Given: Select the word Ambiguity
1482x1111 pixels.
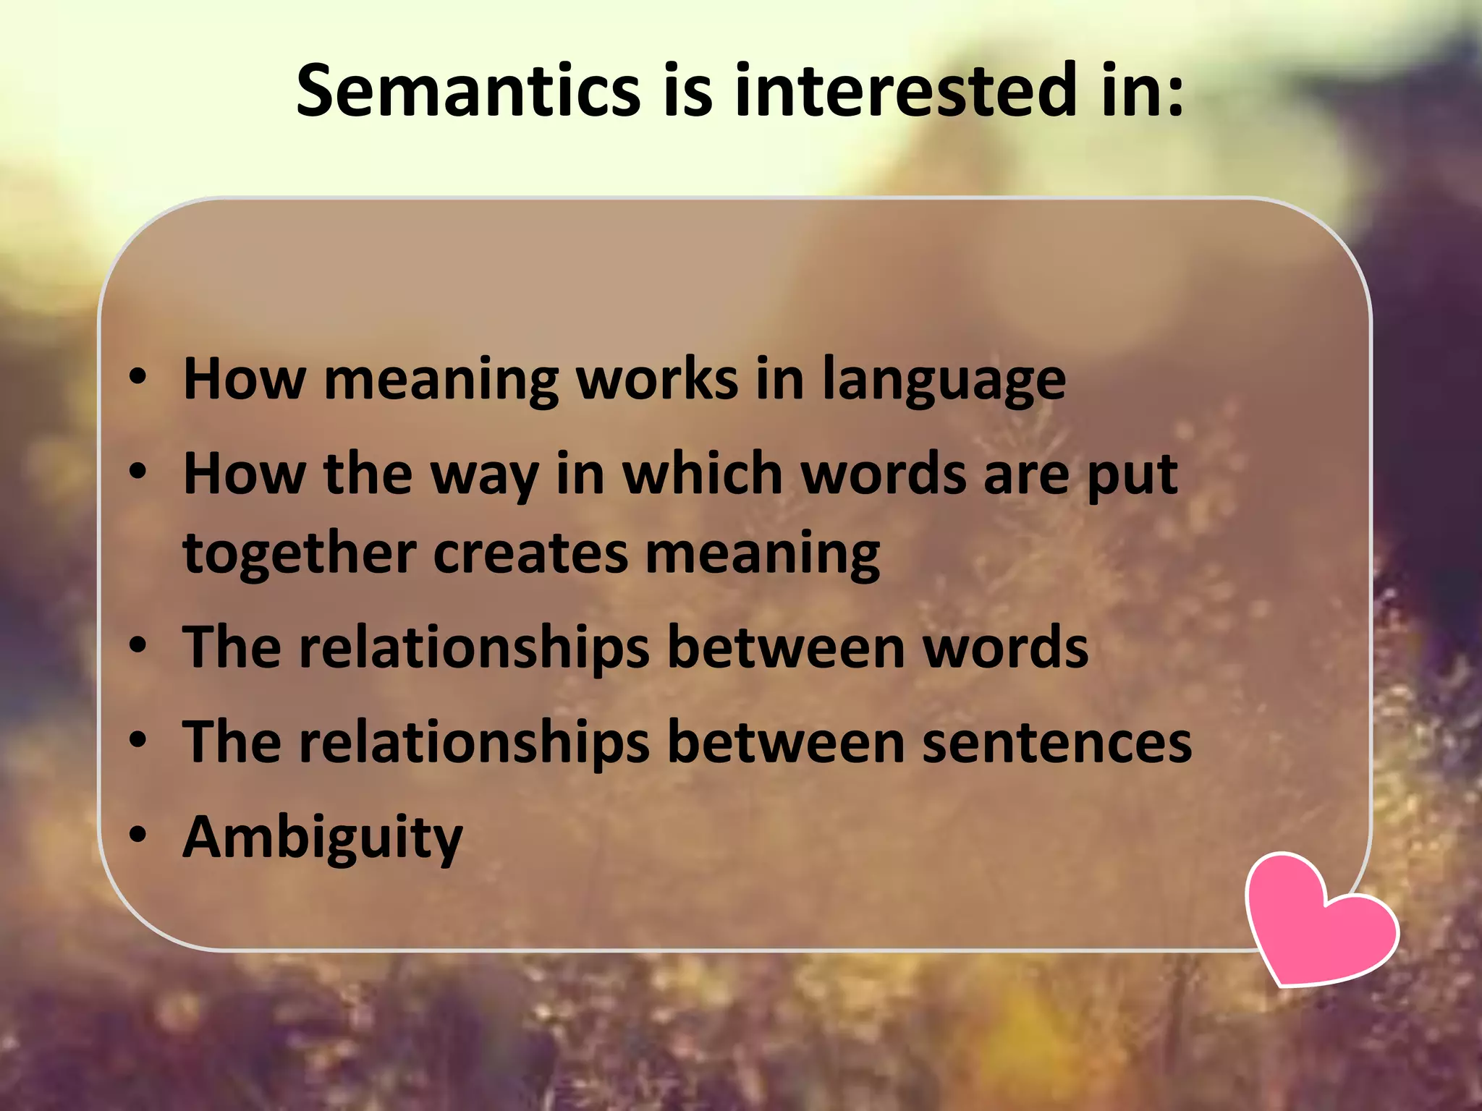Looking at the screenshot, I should (323, 838).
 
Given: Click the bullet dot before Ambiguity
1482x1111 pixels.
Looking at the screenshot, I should (137, 834).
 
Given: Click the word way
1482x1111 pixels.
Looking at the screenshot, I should (485, 476).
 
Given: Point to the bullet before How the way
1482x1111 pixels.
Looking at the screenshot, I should (137, 472).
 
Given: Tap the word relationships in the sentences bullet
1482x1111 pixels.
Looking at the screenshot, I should (475, 742).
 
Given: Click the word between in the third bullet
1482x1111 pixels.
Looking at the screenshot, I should (786, 647).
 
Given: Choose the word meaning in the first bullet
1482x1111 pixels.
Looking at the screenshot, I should (441, 379).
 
